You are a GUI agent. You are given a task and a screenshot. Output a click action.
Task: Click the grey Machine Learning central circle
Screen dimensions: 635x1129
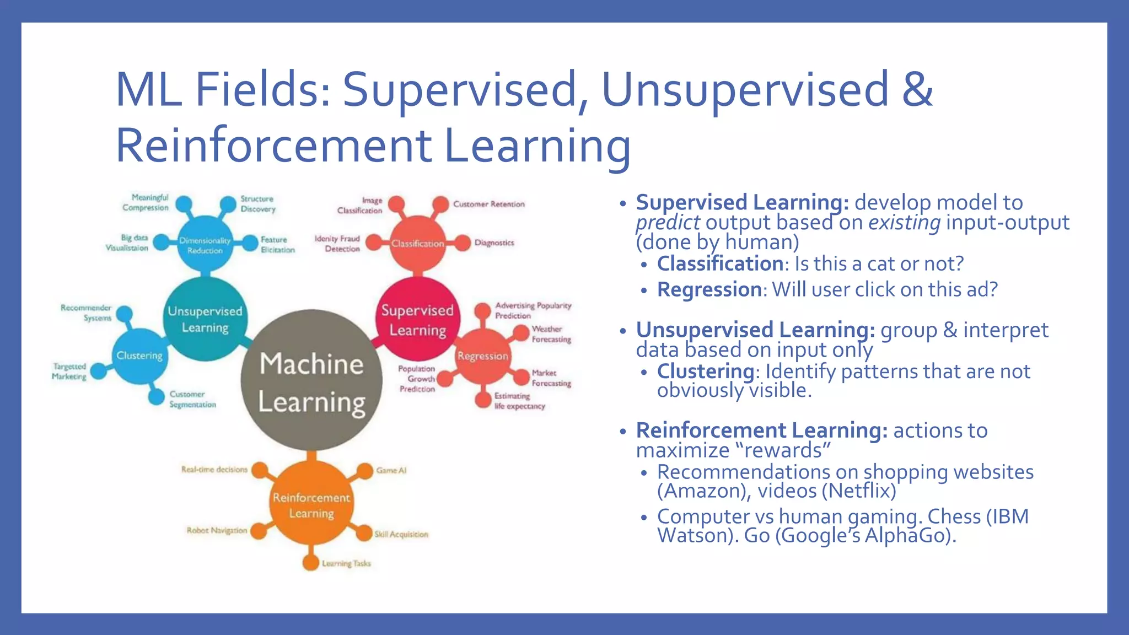click(x=311, y=380)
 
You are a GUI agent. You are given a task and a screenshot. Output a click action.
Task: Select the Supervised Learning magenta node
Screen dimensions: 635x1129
click(x=417, y=320)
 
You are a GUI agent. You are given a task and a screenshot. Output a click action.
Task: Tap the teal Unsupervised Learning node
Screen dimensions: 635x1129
click(x=205, y=319)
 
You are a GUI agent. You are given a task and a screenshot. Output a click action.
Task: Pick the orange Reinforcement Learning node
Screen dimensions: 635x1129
click(x=311, y=504)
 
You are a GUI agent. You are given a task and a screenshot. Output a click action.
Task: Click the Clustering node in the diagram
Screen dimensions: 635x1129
click(x=139, y=356)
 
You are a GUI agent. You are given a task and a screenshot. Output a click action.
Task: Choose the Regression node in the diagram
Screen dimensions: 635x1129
click(x=482, y=356)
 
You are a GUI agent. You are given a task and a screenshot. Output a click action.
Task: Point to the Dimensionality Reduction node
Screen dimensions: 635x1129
click(x=205, y=245)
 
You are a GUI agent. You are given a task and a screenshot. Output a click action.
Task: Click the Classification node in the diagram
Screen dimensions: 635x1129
click(x=417, y=244)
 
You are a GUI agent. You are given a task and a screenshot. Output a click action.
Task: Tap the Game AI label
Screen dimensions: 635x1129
click(x=391, y=470)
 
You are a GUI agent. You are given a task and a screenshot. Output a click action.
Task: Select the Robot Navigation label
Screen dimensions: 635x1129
click(x=217, y=530)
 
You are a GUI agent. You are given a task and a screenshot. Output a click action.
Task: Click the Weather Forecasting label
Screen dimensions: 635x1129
click(x=551, y=334)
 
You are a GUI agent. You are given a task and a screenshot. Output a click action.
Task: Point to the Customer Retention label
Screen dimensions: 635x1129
click(x=488, y=204)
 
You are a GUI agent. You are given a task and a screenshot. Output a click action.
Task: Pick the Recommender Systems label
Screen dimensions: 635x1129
click(x=87, y=313)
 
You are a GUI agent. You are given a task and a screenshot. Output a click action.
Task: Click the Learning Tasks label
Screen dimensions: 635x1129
click(x=346, y=563)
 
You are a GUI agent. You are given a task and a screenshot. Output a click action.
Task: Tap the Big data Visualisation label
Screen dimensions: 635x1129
click(x=127, y=243)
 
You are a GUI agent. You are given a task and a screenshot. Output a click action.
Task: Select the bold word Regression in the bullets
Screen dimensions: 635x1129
click(x=709, y=289)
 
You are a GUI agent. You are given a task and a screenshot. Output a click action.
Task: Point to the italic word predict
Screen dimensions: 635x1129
click(x=668, y=223)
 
